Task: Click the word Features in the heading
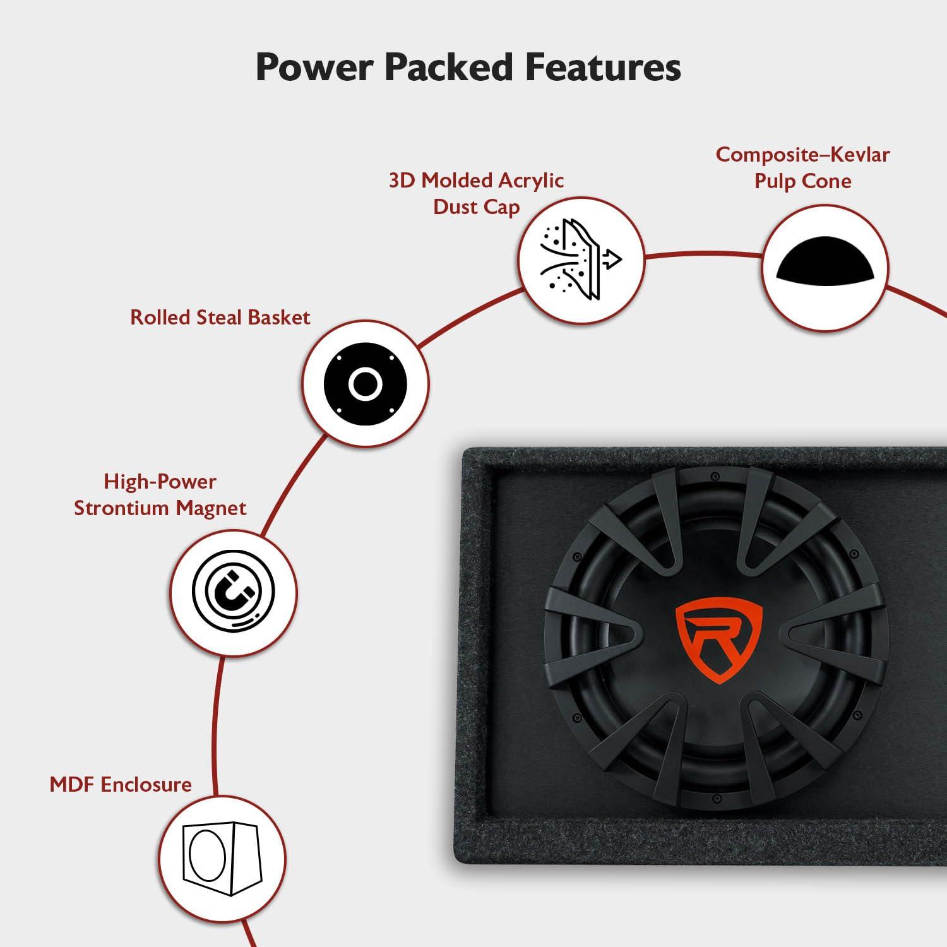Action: (603, 67)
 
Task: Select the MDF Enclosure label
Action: (121, 785)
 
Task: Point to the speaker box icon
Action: (222, 859)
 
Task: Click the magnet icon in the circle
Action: (234, 593)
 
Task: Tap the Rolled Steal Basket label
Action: (220, 317)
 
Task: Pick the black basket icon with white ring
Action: (365, 383)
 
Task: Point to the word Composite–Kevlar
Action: (802, 155)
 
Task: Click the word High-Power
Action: (160, 482)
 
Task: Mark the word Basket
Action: (278, 317)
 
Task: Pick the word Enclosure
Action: (146, 785)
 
